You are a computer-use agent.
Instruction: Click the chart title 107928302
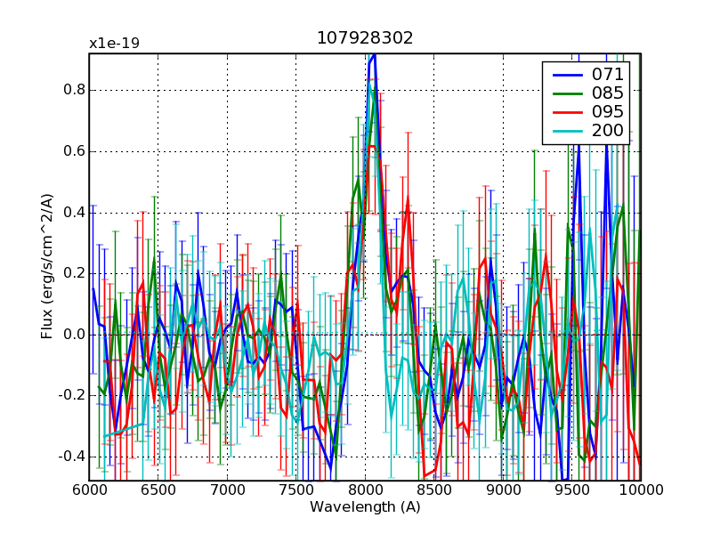point(365,38)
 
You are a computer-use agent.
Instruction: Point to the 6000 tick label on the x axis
point(89,489)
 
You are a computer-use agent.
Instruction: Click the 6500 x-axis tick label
point(158,489)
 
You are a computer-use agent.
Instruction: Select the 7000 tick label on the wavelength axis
point(227,489)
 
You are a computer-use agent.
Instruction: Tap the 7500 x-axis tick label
point(296,489)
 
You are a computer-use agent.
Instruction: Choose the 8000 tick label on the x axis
point(365,489)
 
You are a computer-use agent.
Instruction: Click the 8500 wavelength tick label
point(434,489)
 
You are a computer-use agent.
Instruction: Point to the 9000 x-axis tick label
point(503,489)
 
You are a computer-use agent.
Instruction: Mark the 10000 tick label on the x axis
point(641,489)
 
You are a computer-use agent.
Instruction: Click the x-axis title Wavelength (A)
point(365,507)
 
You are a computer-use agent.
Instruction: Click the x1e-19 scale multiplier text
point(114,44)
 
